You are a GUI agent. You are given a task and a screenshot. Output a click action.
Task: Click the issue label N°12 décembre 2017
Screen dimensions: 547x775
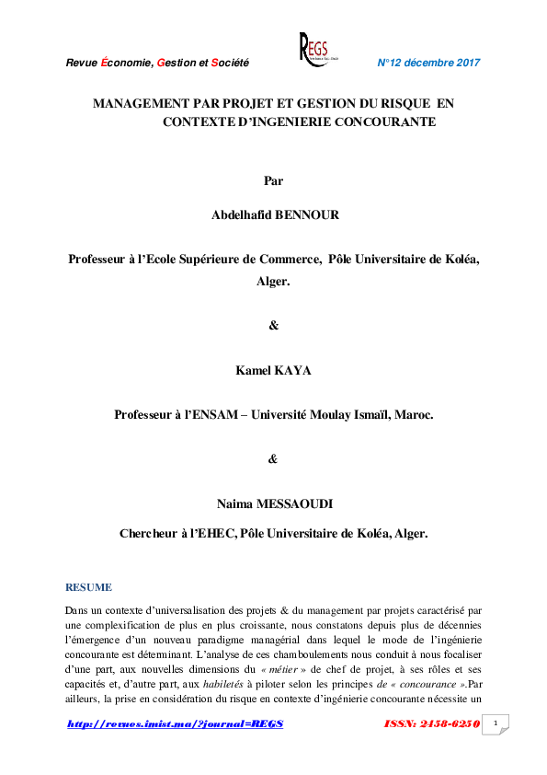(x=429, y=63)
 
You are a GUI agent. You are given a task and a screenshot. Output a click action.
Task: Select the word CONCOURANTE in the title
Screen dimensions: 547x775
(x=383, y=121)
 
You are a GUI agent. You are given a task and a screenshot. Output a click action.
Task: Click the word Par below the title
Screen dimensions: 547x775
(x=273, y=180)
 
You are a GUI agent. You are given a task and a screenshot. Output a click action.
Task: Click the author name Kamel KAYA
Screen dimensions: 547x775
(x=273, y=369)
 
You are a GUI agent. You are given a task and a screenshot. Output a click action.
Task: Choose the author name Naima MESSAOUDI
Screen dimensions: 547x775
(x=273, y=503)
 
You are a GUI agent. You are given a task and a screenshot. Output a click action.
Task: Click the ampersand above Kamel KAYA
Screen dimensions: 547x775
(x=273, y=325)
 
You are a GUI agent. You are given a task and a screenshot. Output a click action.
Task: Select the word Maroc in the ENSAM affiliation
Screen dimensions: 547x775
(x=412, y=415)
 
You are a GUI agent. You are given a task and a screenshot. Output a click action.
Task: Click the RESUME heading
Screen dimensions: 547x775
(x=88, y=587)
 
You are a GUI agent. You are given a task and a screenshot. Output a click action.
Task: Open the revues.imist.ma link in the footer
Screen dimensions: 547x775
(x=176, y=724)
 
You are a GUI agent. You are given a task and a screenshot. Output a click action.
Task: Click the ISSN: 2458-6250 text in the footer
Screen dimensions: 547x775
(x=431, y=724)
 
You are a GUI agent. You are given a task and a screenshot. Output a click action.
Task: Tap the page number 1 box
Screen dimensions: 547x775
(x=496, y=724)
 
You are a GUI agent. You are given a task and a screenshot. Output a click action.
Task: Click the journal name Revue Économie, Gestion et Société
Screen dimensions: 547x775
(x=157, y=63)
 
